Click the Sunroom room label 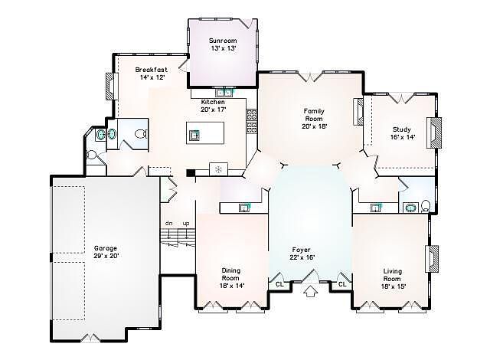click(223, 44)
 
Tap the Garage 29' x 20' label click(106, 252)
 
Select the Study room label click(402, 133)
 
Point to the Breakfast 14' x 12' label click(152, 74)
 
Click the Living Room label click(393, 279)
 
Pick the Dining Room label click(231, 278)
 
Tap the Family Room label click(314, 119)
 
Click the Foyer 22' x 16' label click(302, 254)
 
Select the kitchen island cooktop click(194, 136)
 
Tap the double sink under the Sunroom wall click(224, 93)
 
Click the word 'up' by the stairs click(186, 224)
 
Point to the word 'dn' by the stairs click(168, 223)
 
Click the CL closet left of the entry click(279, 284)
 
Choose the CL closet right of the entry click(342, 284)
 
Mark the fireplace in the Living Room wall click(432, 258)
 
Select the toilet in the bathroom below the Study click(425, 206)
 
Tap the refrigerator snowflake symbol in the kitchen click(218, 170)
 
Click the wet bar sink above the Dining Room click(244, 208)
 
